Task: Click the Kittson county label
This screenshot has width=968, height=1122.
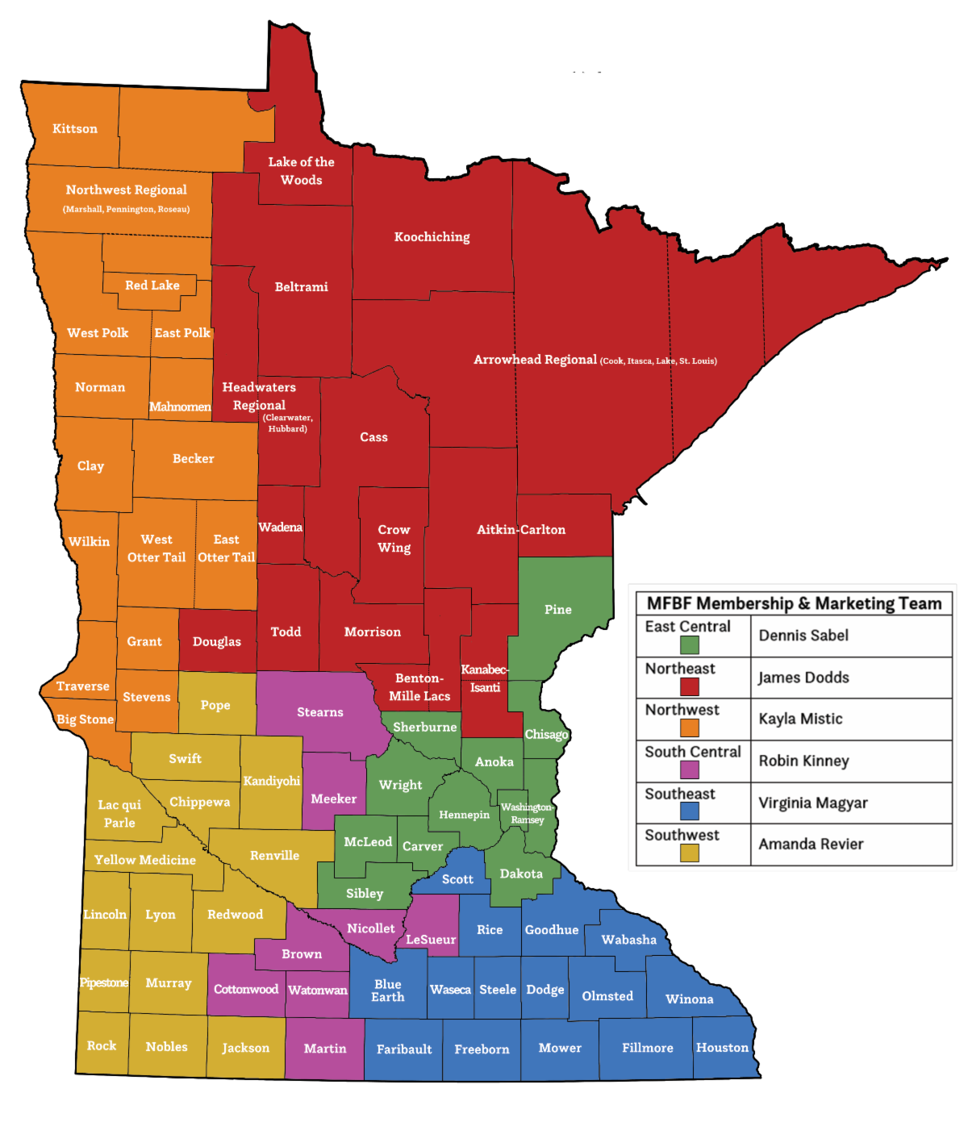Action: (75, 129)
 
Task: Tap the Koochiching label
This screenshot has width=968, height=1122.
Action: (432, 237)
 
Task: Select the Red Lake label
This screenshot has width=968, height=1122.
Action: (152, 286)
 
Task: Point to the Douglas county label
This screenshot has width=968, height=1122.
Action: (217, 642)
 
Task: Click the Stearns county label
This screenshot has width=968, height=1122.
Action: (320, 712)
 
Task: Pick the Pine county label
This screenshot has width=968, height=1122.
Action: (558, 610)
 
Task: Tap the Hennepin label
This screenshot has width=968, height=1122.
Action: (464, 815)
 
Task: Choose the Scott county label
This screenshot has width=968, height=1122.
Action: (457, 879)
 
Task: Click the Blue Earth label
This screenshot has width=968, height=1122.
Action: (388, 991)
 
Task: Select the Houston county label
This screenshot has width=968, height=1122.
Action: (723, 1048)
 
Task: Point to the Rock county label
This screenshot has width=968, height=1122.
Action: (102, 1045)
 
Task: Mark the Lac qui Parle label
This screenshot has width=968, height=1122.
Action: (119, 814)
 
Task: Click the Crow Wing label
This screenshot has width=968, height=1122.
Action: (394, 539)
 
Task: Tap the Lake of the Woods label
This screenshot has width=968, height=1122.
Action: (301, 171)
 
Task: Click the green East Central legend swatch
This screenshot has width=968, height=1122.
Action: (689, 644)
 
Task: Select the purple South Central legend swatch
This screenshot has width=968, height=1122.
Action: (689, 770)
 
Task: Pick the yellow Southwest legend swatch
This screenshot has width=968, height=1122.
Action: (689, 853)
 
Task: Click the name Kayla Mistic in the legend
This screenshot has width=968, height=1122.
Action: (800, 719)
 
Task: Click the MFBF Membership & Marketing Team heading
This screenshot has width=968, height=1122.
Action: (794, 603)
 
